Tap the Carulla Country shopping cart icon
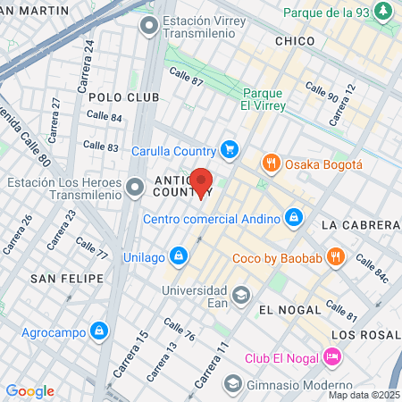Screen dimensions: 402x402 [x=230, y=149]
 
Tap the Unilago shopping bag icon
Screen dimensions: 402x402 [x=179, y=256]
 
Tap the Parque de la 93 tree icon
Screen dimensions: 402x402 [x=383, y=12]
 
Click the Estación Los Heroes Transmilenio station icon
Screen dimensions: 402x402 [x=135, y=187]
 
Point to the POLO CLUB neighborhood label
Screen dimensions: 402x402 [x=124, y=96]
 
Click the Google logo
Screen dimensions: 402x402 [x=30, y=391]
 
